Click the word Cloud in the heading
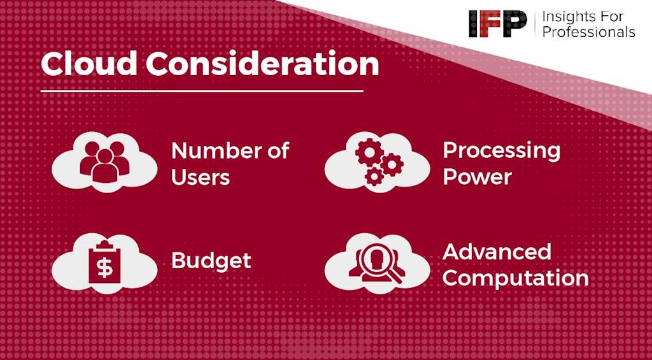tap(89, 63)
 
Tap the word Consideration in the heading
tap(262, 63)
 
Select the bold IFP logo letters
tap(498, 24)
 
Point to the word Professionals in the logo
tap(589, 32)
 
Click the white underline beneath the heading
tap(202, 90)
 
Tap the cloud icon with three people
tap(104, 162)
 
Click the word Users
tap(201, 177)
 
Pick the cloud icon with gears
tap(377, 162)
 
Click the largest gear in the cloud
tap(369, 153)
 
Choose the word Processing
tap(502, 151)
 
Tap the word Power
tap(477, 177)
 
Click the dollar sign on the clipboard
tap(104, 268)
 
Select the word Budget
tap(211, 261)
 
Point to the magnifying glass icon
tap(379, 263)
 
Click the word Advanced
tap(497, 252)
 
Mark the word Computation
tap(516, 278)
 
